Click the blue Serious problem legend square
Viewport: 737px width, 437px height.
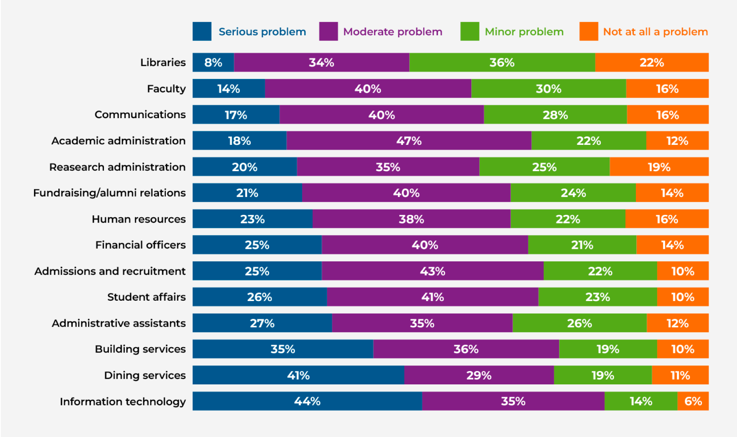coord(202,32)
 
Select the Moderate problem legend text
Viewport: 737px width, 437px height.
coord(392,32)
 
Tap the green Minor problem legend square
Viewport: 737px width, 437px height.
coord(470,32)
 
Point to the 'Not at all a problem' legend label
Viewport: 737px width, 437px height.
coord(655,32)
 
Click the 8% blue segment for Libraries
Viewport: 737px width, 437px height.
coord(213,62)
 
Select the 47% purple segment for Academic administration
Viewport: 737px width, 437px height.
coord(409,141)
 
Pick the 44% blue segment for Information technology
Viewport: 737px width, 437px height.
coord(307,401)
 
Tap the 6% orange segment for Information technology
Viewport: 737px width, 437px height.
coord(693,401)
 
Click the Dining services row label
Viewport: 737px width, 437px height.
coord(145,375)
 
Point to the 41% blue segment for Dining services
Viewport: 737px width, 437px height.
coord(298,375)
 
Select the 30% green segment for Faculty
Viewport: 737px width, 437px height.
coord(549,89)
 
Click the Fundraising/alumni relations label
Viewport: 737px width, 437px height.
coord(109,193)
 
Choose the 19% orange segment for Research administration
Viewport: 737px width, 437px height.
coord(659,167)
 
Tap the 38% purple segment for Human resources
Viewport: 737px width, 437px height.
coord(411,219)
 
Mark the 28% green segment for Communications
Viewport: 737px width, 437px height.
coord(555,115)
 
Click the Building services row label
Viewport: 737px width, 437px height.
coord(140,349)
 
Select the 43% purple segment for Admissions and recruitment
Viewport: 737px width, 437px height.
coord(432,271)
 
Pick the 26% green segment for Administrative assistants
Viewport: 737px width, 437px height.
coord(579,323)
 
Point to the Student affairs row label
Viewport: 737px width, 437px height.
coord(146,297)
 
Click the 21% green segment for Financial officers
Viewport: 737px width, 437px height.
coord(582,245)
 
